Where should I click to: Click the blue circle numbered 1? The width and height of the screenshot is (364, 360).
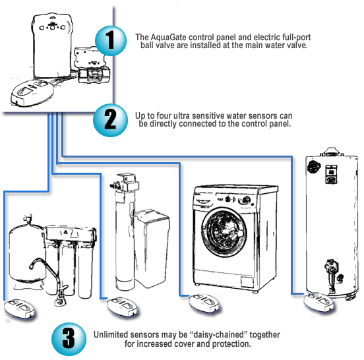111,41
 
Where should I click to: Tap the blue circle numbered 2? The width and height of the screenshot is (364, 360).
110,120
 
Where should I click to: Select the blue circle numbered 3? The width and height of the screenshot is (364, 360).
69,339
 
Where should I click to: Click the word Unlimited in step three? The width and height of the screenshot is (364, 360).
111,335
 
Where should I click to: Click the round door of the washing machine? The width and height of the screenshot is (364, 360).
224,232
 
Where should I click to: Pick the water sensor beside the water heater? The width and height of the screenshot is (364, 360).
319,302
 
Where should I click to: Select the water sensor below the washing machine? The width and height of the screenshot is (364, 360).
204,303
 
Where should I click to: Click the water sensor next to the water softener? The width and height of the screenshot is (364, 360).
122,307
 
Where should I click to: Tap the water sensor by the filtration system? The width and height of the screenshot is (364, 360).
20,309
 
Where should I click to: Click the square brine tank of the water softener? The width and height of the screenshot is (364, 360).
152,249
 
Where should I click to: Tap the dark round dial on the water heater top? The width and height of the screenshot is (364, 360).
314,167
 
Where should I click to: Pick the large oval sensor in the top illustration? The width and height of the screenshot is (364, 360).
32,92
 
